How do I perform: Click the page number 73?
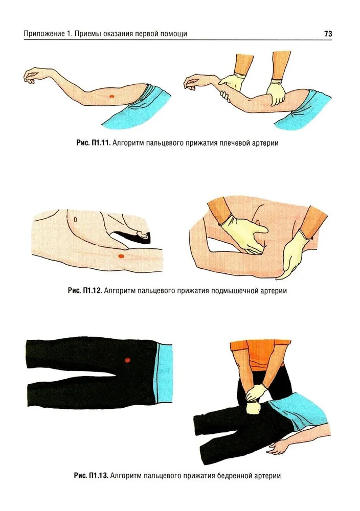click(328, 34)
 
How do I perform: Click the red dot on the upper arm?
click(112, 96)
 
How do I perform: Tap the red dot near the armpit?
click(121, 256)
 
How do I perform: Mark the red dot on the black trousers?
click(127, 360)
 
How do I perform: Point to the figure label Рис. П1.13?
click(91, 475)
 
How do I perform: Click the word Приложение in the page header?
click(44, 34)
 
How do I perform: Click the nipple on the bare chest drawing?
click(75, 219)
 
